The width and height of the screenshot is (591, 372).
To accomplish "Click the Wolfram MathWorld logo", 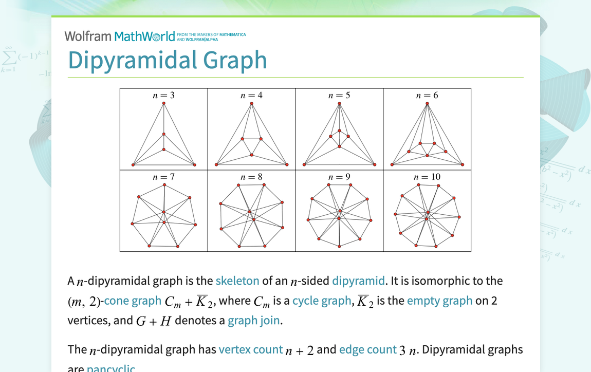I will tap(120, 36).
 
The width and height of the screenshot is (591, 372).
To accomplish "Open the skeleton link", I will tap(237, 281).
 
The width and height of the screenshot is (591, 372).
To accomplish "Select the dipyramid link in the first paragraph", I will tap(358, 281).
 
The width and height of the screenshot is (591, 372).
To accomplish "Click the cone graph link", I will tap(132, 301).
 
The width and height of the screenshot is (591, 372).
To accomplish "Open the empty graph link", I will tap(439, 301).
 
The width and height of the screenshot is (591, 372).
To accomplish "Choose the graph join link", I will tap(254, 321).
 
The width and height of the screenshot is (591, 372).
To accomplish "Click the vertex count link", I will tap(250, 350).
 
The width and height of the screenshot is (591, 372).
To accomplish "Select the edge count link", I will tap(367, 350).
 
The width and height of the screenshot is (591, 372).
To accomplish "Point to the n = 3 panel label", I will tap(164, 95).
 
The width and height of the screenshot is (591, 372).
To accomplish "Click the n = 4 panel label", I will tap(252, 95).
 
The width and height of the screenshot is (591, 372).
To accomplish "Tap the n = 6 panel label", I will tap(427, 95).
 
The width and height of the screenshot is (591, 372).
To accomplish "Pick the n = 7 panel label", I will tap(164, 177).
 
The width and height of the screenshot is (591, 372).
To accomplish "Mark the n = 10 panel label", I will tap(427, 177).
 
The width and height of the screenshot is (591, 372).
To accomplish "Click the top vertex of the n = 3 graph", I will tap(164, 103).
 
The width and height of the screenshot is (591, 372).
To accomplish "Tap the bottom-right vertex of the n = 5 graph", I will tap(375, 165).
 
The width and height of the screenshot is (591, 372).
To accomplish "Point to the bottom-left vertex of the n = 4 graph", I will tap(216, 165).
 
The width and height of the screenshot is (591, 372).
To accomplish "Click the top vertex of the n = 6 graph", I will tap(427, 103).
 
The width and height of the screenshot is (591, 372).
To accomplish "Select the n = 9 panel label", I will tap(339, 177).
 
